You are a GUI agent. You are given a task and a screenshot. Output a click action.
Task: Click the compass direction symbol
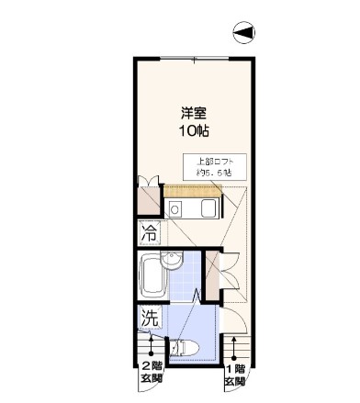(x=243, y=34)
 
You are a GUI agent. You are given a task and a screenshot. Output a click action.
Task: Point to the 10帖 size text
(x=194, y=131)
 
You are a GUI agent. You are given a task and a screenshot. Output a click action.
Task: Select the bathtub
(x=152, y=274)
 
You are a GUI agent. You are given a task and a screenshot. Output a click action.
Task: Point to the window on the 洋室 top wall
(x=196, y=59)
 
